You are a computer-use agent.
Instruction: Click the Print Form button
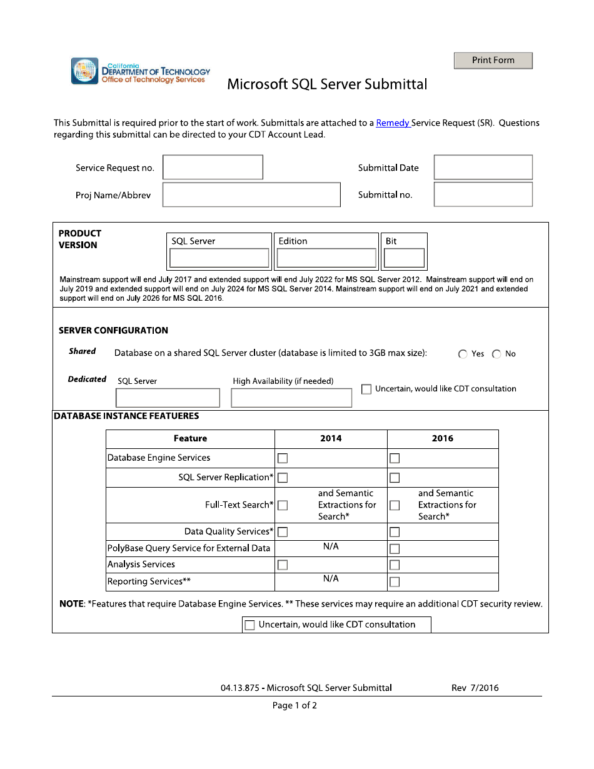(x=493, y=60)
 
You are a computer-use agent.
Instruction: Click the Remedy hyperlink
(x=393, y=123)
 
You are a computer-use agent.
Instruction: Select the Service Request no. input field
(x=213, y=168)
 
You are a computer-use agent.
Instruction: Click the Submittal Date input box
(x=483, y=168)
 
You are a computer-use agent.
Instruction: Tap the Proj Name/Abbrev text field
(x=251, y=195)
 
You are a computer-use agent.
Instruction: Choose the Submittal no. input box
(x=483, y=194)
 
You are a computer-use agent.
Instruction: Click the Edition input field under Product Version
(x=326, y=258)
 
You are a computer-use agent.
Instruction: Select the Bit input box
(x=404, y=258)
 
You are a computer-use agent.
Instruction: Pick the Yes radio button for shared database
(x=463, y=354)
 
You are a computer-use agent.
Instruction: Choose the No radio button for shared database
(x=496, y=354)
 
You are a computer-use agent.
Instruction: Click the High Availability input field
(x=291, y=398)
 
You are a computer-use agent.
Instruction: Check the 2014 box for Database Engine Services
(x=283, y=458)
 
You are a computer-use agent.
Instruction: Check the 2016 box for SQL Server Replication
(x=395, y=478)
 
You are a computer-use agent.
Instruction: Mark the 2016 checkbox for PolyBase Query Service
(x=395, y=549)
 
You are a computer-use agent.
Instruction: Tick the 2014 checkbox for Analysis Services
(x=283, y=565)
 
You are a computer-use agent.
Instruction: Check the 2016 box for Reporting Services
(x=395, y=582)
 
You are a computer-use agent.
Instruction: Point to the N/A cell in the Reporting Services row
(x=331, y=579)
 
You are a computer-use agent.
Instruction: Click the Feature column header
(x=190, y=439)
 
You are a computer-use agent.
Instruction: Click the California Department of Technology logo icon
(x=85, y=71)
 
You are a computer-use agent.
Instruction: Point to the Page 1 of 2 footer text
(x=294, y=706)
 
